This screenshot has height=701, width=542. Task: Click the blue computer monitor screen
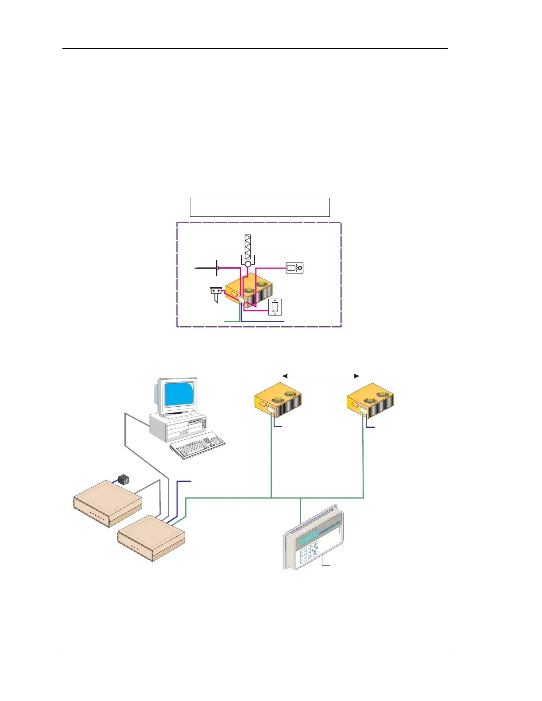(x=179, y=395)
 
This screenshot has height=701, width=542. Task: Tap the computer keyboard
(x=197, y=445)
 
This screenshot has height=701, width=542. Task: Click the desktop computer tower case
(x=177, y=427)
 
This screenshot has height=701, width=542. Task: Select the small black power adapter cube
(x=124, y=479)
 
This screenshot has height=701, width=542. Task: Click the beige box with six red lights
(x=107, y=504)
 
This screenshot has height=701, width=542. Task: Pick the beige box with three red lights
(x=151, y=539)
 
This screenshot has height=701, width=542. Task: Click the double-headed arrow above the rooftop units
(x=321, y=376)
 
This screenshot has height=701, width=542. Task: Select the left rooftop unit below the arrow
(x=278, y=401)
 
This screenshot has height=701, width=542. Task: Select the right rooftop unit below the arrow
(x=370, y=401)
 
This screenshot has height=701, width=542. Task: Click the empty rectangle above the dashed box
(x=259, y=207)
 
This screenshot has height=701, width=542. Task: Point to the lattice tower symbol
(x=248, y=247)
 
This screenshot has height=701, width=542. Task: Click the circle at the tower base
(x=248, y=264)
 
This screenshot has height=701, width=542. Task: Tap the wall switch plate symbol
(x=275, y=307)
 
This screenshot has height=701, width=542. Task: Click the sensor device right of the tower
(x=294, y=268)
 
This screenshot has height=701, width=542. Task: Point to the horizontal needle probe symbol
(x=206, y=268)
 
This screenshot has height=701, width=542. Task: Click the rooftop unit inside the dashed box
(x=249, y=290)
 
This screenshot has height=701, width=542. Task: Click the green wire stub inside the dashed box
(x=232, y=320)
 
